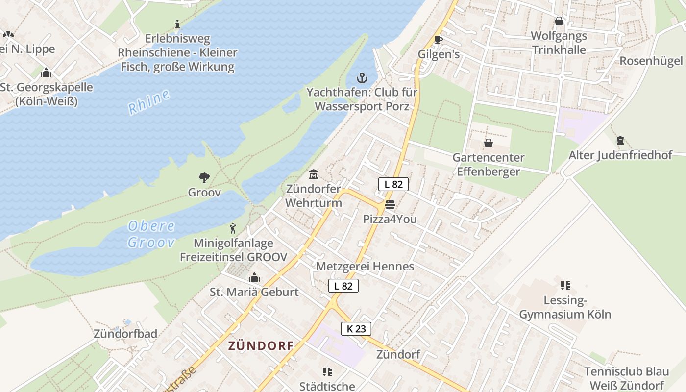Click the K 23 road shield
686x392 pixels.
pos(356,329)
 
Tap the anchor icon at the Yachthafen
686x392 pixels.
pos(362,78)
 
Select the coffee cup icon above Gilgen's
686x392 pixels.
pos(438,40)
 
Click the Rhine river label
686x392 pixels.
pos(149,102)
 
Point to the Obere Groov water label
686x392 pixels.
pos(151,234)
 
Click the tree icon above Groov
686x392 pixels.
pos(204,178)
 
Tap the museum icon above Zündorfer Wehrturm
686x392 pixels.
pos(313,174)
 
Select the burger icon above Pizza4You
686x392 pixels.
pos(390,204)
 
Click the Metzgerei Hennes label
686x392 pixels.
pos(365,266)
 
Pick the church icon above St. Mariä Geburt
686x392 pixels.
pos(254,278)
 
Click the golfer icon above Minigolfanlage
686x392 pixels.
pos(233,228)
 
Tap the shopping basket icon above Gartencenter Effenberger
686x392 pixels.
pos(488,143)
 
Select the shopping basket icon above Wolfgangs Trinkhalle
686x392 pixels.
pos(559,21)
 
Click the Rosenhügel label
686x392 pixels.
pos(651,61)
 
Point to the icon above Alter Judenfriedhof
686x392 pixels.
pos(620,141)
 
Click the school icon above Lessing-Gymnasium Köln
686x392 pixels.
pos(565,285)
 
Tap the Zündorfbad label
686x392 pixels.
pos(125,334)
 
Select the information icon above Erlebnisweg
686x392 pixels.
pos(177,24)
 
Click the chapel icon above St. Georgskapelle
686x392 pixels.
pos(46,73)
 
